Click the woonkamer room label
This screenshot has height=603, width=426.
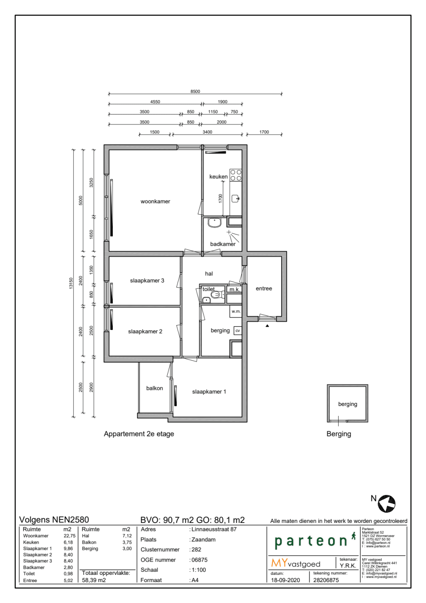click(x=155, y=202)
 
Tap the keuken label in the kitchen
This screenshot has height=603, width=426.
click(x=218, y=176)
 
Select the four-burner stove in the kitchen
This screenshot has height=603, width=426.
click(x=236, y=175)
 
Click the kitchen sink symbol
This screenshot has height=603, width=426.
click(x=236, y=199)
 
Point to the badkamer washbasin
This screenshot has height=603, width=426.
click(x=214, y=222)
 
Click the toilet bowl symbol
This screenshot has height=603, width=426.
click(x=216, y=294)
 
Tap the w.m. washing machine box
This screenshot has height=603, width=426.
click(x=236, y=312)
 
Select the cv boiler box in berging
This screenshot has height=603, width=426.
click(x=238, y=331)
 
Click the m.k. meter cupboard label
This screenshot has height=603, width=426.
click(x=234, y=290)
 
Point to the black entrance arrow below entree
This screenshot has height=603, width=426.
click(x=268, y=326)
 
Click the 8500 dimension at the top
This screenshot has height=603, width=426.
click(x=195, y=92)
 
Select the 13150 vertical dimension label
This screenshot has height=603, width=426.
click(x=71, y=283)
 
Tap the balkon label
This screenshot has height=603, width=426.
click(x=154, y=388)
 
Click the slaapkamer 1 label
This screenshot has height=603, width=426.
click(x=209, y=392)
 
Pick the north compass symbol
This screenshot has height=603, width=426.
click(x=386, y=504)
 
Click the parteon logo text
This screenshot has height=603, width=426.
click(x=311, y=541)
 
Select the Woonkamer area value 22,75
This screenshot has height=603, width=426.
click(x=69, y=536)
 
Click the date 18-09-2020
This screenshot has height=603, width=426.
click(x=285, y=580)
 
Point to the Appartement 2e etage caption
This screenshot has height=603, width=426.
click(x=139, y=434)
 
